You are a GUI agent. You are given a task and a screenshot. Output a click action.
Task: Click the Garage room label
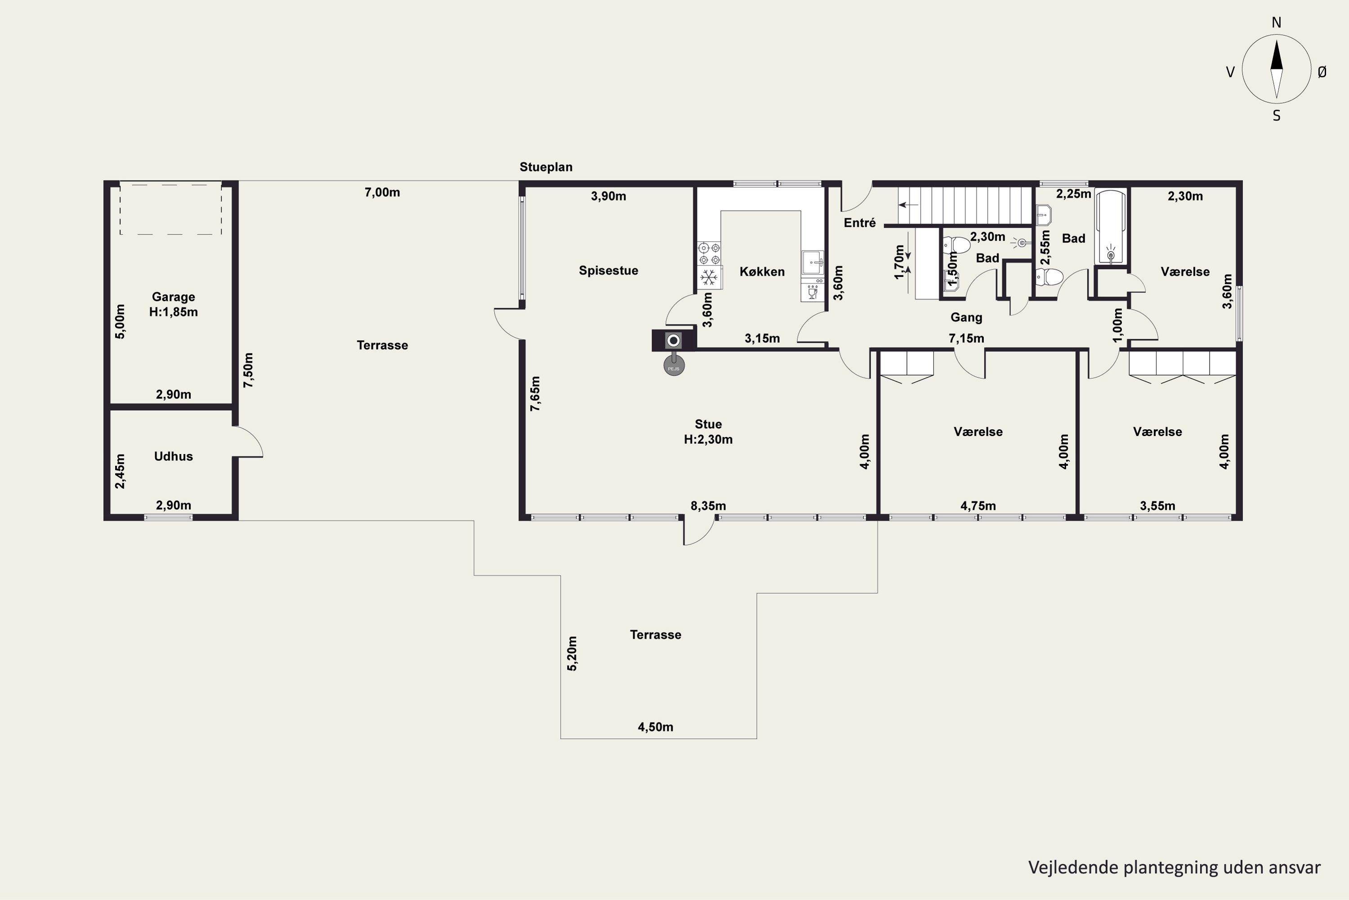pos(173,297)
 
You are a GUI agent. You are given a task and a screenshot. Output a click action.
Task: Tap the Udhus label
pos(173,456)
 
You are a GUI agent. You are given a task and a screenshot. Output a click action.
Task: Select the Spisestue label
pos(608,270)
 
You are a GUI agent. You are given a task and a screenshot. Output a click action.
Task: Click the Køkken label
pos(762,271)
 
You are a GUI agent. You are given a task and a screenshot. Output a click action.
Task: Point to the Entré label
pos(860,223)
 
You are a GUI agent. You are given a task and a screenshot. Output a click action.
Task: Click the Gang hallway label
pos(966,317)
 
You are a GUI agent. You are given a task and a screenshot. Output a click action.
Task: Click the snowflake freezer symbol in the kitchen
pos(710,278)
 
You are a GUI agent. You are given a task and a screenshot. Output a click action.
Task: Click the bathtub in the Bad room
pos(1111,227)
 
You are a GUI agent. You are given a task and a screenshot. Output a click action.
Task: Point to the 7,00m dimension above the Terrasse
pos(382,192)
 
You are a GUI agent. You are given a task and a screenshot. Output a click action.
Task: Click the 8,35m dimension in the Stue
pos(708,506)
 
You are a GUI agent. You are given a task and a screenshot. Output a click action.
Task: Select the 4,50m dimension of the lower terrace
pos(655,727)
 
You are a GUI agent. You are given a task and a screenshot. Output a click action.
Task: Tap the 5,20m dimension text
pos(572,653)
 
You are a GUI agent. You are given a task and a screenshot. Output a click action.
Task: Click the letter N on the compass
pos(1276,22)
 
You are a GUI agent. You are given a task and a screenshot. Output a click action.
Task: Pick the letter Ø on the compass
pos(1322,72)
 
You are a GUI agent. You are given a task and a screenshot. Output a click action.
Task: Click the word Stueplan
pos(545,167)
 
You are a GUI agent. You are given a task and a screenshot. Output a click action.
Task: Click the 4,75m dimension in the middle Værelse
pos(978,506)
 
